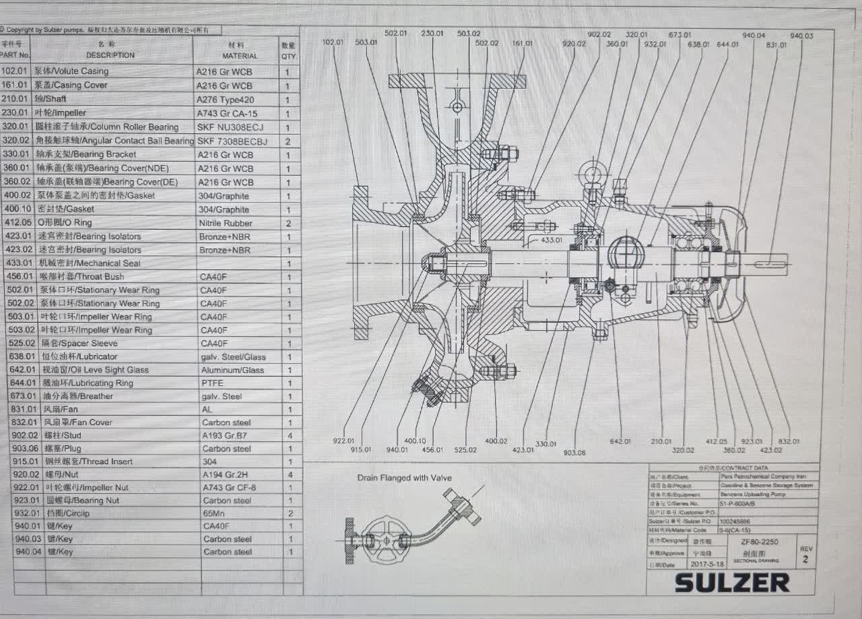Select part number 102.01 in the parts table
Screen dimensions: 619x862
click(14, 71)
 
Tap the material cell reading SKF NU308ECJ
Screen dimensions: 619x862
click(230, 127)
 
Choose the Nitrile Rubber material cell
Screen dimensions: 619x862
click(226, 223)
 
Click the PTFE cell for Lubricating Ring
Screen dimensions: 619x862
click(212, 383)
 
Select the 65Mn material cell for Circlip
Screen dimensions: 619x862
click(213, 513)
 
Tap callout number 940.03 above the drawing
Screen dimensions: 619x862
click(801, 36)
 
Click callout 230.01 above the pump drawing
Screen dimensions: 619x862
click(432, 33)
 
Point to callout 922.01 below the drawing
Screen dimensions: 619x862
click(343, 441)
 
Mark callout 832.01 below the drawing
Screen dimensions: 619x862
click(789, 442)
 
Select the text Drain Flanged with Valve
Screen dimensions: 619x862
click(404, 478)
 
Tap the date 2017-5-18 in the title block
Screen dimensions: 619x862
click(706, 563)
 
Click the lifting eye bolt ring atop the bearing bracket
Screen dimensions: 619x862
click(593, 175)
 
